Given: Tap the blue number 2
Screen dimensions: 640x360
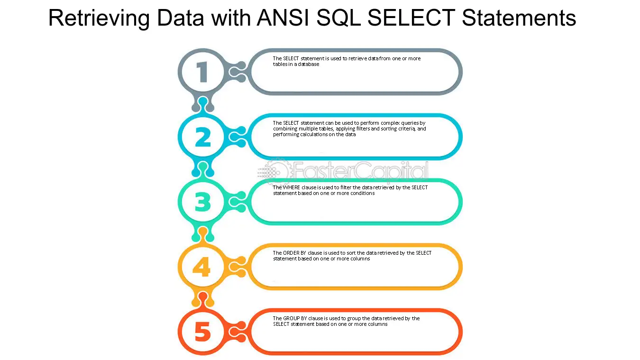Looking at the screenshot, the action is (203, 137).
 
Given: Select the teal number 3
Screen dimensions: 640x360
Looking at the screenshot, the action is (203, 202).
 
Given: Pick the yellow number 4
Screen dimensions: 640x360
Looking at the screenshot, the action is (202, 267).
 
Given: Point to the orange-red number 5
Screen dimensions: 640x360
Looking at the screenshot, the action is (203, 332).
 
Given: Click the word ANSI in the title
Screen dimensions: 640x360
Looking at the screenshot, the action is (283, 18).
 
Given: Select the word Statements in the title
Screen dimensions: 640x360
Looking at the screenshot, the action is (519, 18).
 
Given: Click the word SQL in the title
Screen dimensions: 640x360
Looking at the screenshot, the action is (339, 18).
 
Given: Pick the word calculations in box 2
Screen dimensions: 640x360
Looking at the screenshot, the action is (314, 134).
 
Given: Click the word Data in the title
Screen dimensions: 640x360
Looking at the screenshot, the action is (181, 18).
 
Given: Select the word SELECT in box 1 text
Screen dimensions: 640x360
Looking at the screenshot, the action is (291, 59).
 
